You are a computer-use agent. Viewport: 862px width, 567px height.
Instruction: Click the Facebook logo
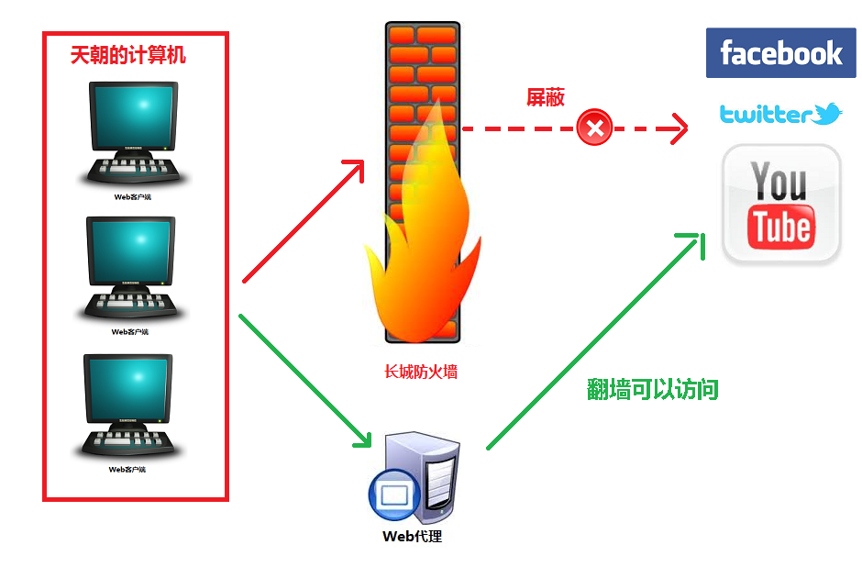[x=780, y=52]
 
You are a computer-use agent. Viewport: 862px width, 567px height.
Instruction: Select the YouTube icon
[x=781, y=204]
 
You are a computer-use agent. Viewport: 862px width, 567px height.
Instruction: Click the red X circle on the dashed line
[x=595, y=128]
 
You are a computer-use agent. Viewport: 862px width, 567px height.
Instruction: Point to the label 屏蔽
[x=545, y=97]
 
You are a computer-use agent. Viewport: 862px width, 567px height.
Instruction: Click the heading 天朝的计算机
[x=128, y=56]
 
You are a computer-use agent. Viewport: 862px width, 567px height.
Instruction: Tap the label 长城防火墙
[x=421, y=372]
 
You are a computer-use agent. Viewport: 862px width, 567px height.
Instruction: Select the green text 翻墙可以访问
[x=653, y=390]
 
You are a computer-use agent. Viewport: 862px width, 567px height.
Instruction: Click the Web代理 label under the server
[x=412, y=536]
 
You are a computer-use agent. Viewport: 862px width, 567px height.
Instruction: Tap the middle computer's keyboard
[x=129, y=304]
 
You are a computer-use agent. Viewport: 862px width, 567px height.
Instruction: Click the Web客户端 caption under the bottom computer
[x=128, y=469]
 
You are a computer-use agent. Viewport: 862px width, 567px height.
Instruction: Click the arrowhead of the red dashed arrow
[x=679, y=128]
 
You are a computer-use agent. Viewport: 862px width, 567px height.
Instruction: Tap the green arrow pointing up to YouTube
[x=596, y=339]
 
